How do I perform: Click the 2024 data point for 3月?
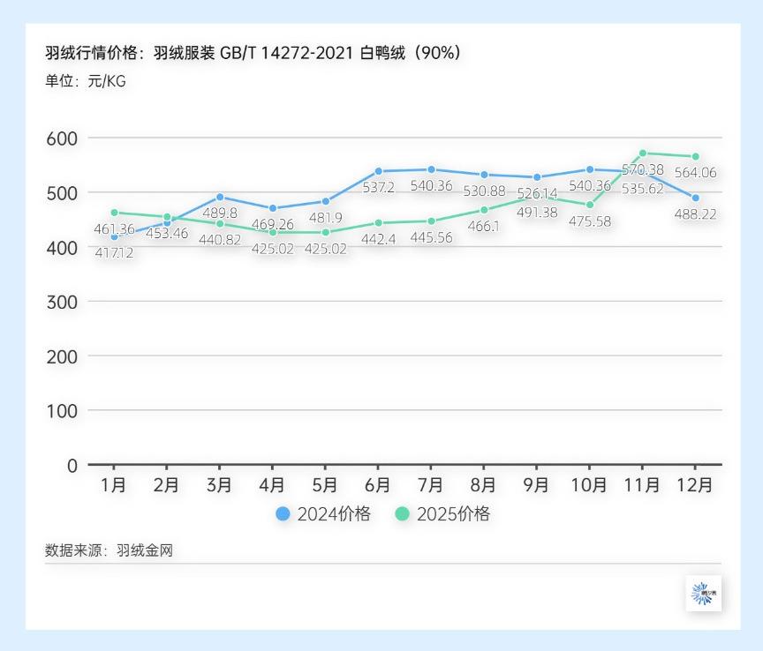pyautogui.click(x=220, y=197)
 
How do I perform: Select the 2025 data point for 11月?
pyautogui.click(x=643, y=153)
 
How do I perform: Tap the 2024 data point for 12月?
pyautogui.click(x=696, y=198)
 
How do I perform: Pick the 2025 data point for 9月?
pyautogui.click(x=537, y=197)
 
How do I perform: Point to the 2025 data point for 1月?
pyautogui.click(x=114, y=213)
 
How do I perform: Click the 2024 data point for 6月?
pyautogui.click(x=378, y=171)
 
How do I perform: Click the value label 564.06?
pyautogui.click(x=695, y=173)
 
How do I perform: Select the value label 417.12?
pyautogui.click(x=114, y=253)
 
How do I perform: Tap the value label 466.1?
pyautogui.click(x=484, y=227)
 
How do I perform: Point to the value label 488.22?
pyautogui.click(x=695, y=214)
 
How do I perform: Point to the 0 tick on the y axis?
pyautogui.click(x=72, y=465)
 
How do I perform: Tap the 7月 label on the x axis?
pyautogui.click(x=431, y=486)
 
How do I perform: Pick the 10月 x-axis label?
pyautogui.click(x=590, y=486)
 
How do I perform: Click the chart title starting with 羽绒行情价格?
pyautogui.click(x=253, y=53)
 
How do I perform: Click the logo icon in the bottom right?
pyautogui.click(x=703, y=594)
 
